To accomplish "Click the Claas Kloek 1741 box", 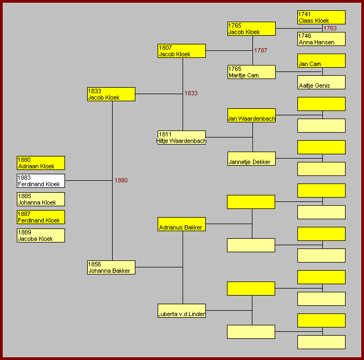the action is click(x=321, y=17).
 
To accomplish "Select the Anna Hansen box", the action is click(x=321, y=39).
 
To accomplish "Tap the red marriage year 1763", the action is click(x=330, y=28).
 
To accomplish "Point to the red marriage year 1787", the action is click(x=261, y=50).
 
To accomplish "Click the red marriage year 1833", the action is click(x=191, y=93).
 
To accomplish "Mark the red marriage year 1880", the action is click(x=121, y=180).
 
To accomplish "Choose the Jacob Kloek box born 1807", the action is click(x=181, y=51).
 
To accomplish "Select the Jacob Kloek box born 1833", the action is click(x=111, y=94).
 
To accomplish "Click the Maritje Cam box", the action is click(x=251, y=72).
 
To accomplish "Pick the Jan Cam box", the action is click(x=321, y=61).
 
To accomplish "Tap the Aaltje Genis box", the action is click(x=321, y=82).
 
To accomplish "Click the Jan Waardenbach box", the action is click(x=251, y=115).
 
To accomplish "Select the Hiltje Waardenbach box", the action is click(x=181, y=138).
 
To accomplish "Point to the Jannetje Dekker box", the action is click(x=251, y=159).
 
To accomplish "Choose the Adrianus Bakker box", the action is click(x=181, y=224).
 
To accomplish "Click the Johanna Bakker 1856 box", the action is click(x=111, y=267).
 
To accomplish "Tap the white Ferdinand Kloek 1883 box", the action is click(x=41, y=181).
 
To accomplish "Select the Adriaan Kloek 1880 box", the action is click(x=41, y=163).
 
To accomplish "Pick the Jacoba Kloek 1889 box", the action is click(x=41, y=235).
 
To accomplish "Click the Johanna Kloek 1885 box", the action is click(x=41, y=199).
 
